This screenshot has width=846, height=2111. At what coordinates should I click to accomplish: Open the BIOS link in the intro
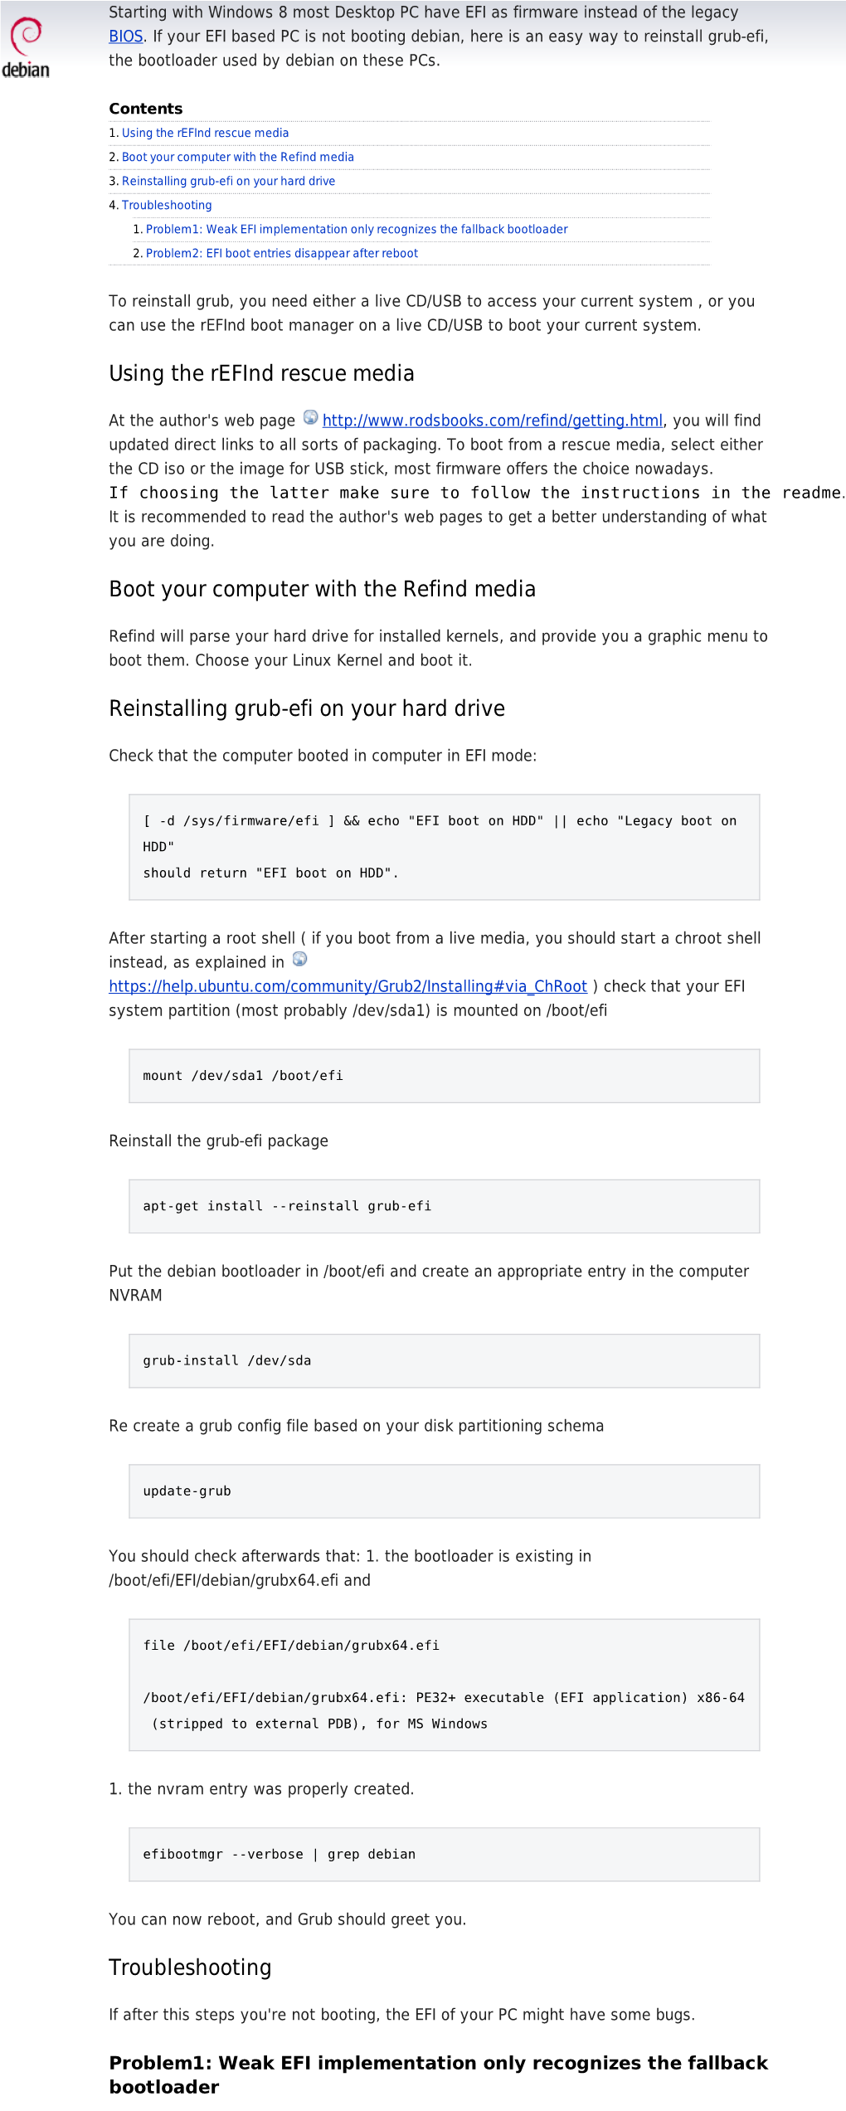click(x=126, y=36)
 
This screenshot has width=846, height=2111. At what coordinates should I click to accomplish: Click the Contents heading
click(x=146, y=109)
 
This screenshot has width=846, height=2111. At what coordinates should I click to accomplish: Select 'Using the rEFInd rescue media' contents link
click(x=205, y=133)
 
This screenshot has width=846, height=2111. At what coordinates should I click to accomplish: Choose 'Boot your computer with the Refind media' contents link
click(x=237, y=157)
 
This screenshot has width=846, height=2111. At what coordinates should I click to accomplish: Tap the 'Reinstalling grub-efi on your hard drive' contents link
click(x=228, y=181)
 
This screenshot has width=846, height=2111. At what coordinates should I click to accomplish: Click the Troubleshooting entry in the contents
click(x=167, y=205)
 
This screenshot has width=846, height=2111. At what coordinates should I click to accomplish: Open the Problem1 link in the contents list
click(x=357, y=229)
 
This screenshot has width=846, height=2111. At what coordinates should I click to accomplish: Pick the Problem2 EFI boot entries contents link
click(x=281, y=253)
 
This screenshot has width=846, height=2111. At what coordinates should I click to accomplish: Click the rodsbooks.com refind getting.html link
click(x=492, y=421)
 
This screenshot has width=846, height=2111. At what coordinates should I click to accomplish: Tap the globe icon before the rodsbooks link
click(x=310, y=417)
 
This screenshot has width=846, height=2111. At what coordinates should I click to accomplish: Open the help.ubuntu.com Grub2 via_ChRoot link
click(x=348, y=986)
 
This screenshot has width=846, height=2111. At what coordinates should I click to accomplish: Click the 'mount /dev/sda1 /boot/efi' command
click(x=243, y=1076)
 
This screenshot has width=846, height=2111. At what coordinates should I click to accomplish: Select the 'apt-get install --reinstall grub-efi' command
click(x=287, y=1206)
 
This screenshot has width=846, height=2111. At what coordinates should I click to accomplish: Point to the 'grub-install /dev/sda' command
click(x=227, y=1360)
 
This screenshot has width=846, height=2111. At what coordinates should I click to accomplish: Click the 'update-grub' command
click(x=187, y=1491)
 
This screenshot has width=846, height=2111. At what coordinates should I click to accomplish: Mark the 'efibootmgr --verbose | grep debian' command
click(x=279, y=1854)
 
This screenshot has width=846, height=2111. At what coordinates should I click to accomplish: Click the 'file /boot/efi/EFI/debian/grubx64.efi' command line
click(x=291, y=1645)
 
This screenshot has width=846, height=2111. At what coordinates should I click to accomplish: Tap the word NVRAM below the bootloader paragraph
click(x=135, y=1295)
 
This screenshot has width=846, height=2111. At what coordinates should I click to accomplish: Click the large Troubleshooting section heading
click(x=190, y=1967)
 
